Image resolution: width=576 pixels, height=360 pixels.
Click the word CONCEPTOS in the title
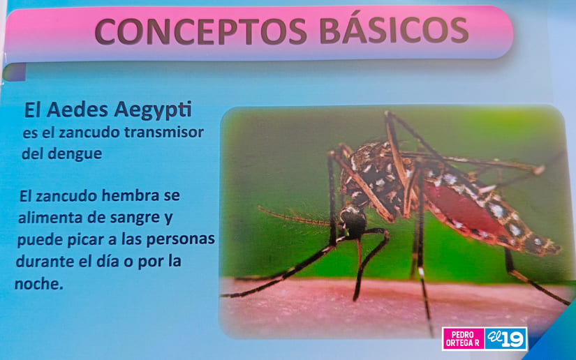[200, 31]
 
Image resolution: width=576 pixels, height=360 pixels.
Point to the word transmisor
[164, 132]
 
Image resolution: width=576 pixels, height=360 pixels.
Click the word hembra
[131, 195]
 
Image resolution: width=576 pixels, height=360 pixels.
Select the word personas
[181, 240]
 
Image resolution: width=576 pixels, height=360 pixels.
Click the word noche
[38, 284]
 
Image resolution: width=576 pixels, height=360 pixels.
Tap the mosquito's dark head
[353, 221]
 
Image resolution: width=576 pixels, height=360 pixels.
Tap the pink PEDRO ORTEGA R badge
[463, 338]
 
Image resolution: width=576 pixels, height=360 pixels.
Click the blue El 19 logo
[505, 338]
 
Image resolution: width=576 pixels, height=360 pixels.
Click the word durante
[45, 262]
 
